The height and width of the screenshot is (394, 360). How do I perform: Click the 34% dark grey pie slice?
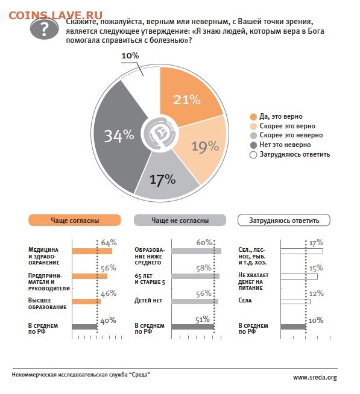pos(118,136)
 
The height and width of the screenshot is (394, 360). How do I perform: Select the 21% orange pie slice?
pos(188,98)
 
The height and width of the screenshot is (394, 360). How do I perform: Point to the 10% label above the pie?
pos(130,55)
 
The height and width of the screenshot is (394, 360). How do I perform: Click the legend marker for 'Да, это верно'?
pos(253,117)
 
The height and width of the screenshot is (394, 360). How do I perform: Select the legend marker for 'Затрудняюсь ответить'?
pos(253,155)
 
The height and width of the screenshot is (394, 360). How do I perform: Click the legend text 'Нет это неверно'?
pos(285,145)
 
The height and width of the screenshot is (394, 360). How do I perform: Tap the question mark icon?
pos(44,29)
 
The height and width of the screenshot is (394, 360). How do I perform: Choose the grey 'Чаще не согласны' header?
pos(180,220)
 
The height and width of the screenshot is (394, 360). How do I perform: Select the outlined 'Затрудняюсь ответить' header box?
pos(284,220)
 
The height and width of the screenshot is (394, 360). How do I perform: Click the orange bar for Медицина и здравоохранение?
pos(92,251)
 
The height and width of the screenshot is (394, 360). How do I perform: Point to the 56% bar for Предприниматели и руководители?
pos(90,276)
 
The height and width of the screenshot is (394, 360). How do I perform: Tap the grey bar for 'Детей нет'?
pos(195,302)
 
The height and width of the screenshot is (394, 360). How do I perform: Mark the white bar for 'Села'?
pos(295,302)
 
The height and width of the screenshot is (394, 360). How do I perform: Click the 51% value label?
pos(203,319)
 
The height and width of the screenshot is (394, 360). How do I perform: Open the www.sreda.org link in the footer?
pos(315,377)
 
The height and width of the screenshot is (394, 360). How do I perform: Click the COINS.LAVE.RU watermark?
pos(55,15)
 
